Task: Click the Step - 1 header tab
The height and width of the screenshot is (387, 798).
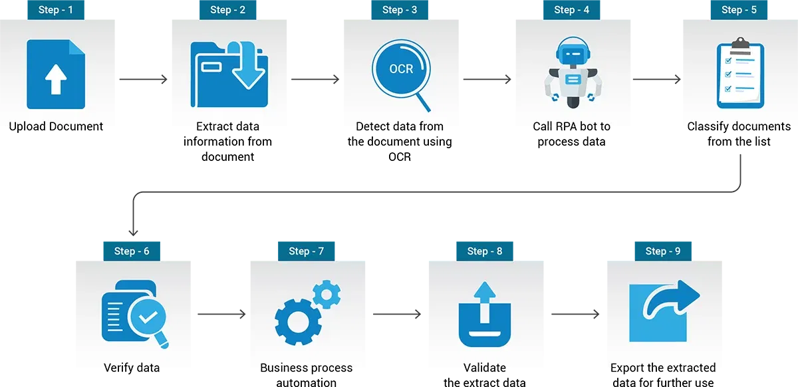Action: pos(56,10)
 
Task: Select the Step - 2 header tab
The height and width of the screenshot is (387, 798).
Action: pos(227,10)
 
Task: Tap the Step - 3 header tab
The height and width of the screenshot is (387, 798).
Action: pos(400,10)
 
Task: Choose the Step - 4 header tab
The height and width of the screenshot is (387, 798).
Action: pos(571,10)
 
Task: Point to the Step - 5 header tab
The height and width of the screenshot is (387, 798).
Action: pos(739,10)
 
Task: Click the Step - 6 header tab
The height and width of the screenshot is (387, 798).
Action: pos(132,251)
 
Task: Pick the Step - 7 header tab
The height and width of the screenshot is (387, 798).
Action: pos(307,251)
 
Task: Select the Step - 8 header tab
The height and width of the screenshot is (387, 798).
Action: pos(485,251)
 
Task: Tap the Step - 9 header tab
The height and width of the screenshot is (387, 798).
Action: pos(663,251)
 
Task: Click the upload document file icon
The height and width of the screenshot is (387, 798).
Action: pos(56,74)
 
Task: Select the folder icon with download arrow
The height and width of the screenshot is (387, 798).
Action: pos(229,74)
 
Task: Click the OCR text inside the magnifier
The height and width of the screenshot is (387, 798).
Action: pos(401,69)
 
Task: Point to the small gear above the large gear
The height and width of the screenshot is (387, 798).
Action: pos(326,294)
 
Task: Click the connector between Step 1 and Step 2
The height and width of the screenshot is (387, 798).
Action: pos(143,80)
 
